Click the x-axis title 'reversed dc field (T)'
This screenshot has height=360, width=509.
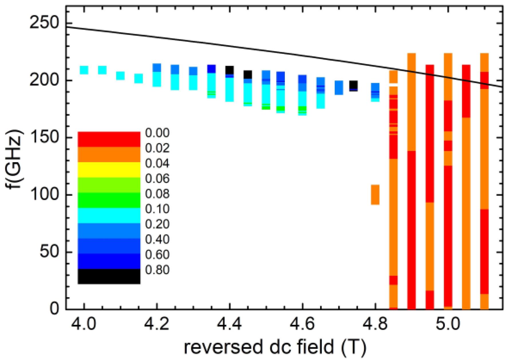click(275, 347)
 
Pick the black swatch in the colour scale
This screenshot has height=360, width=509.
click(109, 276)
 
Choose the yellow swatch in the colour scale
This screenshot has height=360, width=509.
click(109, 170)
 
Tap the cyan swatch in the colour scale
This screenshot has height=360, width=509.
click(109, 215)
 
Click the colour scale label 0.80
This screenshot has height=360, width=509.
click(157, 270)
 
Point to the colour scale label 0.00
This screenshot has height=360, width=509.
click(157, 133)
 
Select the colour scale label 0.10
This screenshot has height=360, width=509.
click(157, 209)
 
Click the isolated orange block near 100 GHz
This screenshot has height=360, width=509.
click(375, 195)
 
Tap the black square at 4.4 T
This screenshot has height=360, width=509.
click(230, 70)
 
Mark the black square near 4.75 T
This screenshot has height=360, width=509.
click(354, 85)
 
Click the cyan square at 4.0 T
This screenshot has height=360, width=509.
click(84, 70)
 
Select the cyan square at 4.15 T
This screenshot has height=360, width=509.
click(139, 78)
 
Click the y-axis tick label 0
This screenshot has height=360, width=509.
click(54, 309)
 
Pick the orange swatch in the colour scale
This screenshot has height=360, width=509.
click(109, 155)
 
